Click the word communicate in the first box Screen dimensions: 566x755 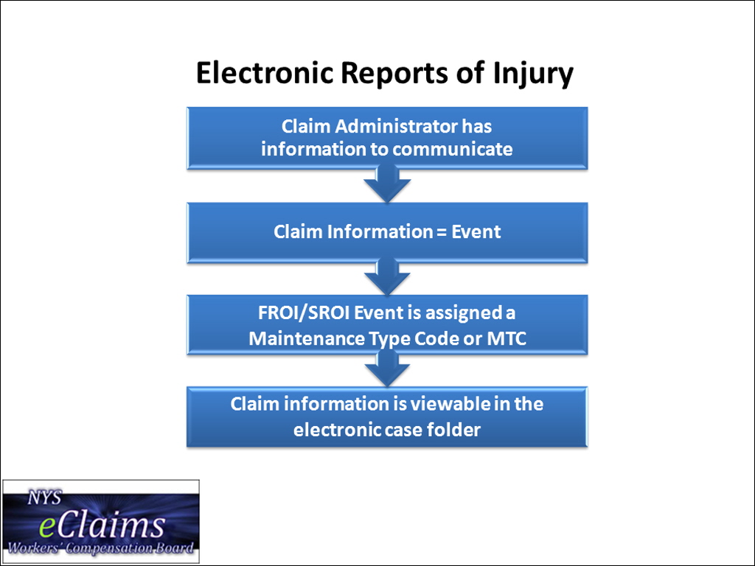point(452,149)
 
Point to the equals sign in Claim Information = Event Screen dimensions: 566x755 point(439,232)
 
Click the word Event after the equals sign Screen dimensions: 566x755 point(476,232)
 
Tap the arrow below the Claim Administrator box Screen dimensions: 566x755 point(386,184)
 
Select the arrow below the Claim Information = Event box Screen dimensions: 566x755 point(386,278)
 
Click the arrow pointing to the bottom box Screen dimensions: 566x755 point(386,368)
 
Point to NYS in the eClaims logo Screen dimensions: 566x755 point(44,498)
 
